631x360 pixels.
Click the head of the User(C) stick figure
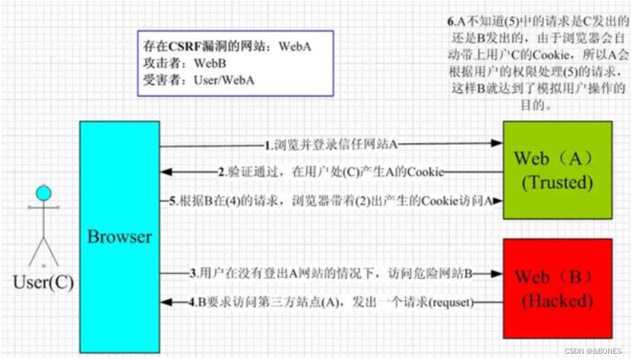coord(43,193)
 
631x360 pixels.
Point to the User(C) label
coord(43,282)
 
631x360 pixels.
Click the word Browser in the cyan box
coord(120,236)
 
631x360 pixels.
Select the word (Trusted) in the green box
coord(557,183)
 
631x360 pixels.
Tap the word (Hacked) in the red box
coord(557,301)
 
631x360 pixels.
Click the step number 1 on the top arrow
coord(268,145)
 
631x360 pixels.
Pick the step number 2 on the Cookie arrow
coord(222,172)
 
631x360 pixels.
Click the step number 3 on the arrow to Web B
coord(193,274)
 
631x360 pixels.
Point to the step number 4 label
coord(192,302)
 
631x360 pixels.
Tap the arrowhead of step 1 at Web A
coord(498,144)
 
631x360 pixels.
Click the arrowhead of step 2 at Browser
coord(165,172)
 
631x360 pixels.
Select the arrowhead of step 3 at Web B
coord(498,274)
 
